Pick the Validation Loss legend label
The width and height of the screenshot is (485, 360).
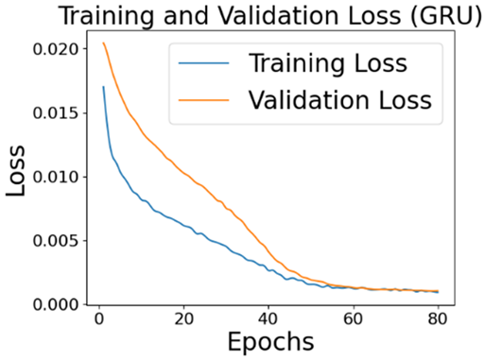[340, 98]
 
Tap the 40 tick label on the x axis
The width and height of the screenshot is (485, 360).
[274, 318]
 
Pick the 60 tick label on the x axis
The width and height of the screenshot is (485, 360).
[364, 318]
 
